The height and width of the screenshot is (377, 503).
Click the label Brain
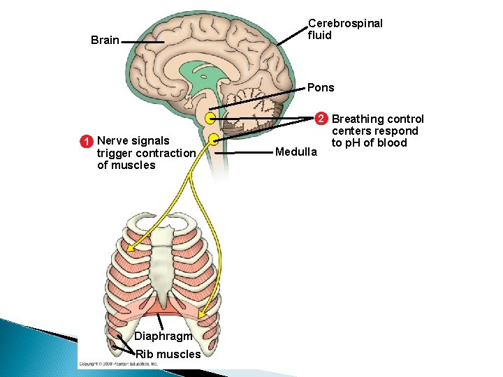(105, 40)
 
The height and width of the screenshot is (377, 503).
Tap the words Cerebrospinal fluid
(345, 29)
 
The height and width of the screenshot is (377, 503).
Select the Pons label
(321, 88)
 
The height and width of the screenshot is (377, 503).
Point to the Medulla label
(297, 151)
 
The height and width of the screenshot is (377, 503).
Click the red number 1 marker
(85, 141)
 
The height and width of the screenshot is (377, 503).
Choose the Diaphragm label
(163, 336)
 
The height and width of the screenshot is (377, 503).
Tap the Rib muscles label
(168, 354)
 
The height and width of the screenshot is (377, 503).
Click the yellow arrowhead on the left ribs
(130, 246)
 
